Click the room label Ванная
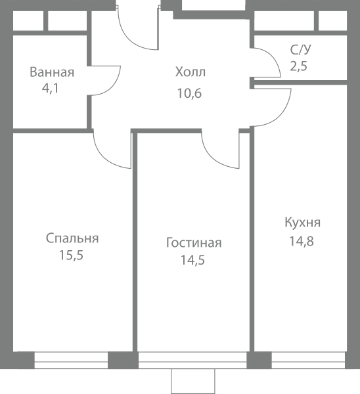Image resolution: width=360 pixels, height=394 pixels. [52, 72]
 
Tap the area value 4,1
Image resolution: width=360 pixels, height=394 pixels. [51, 89]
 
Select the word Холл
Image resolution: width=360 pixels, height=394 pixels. [191, 72]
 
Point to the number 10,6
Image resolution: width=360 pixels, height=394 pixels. [189, 93]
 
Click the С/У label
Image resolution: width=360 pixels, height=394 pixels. [300, 49]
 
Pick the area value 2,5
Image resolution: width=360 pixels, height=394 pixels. [299, 66]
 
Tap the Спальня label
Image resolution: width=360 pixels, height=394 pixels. [72, 238]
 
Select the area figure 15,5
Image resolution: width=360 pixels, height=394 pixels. [71, 255]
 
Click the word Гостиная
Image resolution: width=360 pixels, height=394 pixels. [194, 243]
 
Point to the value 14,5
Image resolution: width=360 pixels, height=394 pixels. [193, 260]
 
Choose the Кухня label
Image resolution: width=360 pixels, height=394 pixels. [303, 223]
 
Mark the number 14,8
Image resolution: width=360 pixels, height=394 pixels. [302, 241]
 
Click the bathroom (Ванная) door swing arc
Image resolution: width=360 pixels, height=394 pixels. [112, 86]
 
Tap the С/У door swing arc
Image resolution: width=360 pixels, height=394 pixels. [273, 57]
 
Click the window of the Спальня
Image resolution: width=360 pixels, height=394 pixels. [71, 361]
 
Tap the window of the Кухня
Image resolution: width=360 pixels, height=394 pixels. [308, 361]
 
